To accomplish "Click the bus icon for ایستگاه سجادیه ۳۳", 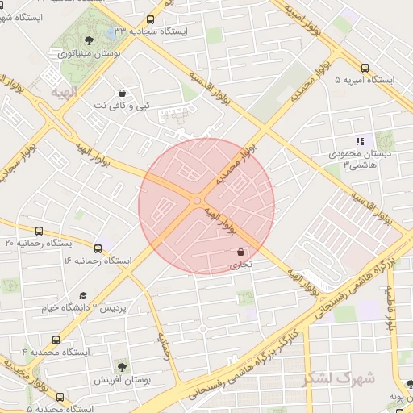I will click(150, 19).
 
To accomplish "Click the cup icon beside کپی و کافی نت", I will click(121, 94).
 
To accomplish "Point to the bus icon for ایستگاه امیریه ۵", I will click(365, 69).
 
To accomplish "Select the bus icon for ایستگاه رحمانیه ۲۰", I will click(40, 231).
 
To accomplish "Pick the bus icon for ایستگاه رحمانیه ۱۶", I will click(98, 248).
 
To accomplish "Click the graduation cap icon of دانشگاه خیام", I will click(82, 296).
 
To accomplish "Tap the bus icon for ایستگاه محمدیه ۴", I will click(56, 340).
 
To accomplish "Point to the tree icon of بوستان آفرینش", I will click(121, 366).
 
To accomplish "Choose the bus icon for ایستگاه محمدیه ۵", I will click(60, 397).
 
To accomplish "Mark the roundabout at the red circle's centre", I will click(198, 201).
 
